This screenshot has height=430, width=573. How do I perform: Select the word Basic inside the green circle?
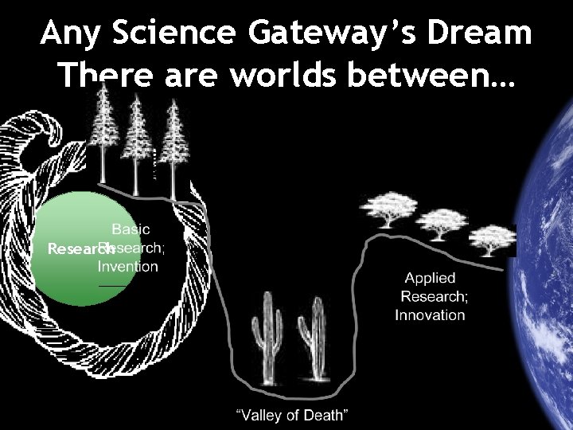tap(131, 229)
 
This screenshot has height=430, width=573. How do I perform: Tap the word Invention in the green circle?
tap(128, 266)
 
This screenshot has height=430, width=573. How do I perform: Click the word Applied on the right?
tap(430, 278)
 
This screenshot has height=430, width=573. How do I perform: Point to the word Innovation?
tap(430, 315)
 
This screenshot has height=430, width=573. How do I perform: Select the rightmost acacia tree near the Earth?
tap(493, 236)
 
